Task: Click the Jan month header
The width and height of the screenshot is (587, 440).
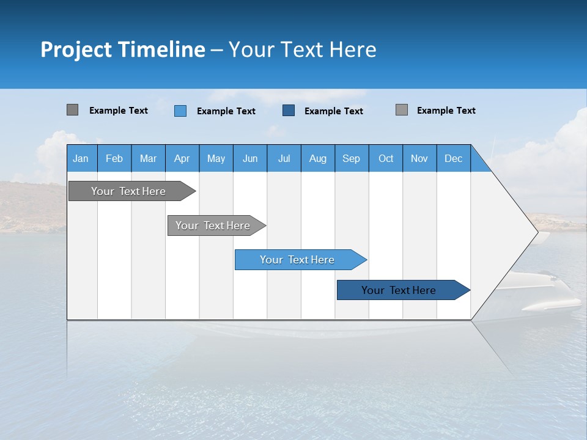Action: (81, 158)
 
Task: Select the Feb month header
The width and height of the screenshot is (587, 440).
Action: (114, 158)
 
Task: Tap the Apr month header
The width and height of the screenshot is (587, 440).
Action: (182, 158)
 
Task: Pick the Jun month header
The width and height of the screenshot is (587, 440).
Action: (250, 158)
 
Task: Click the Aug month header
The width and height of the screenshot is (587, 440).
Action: (318, 158)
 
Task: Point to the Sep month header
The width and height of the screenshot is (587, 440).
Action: (352, 158)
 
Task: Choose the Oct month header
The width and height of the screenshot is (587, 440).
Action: (386, 158)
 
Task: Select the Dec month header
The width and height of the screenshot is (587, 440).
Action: (454, 158)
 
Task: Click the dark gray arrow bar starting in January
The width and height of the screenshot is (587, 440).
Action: (128, 191)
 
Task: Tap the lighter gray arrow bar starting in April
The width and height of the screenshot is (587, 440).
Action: (213, 226)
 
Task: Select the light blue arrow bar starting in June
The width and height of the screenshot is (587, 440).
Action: (297, 260)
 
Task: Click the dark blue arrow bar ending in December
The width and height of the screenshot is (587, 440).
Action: (399, 290)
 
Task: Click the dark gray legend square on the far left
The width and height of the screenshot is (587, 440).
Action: (72, 110)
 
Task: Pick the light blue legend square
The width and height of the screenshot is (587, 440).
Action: (180, 111)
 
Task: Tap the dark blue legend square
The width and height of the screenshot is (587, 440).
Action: (289, 111)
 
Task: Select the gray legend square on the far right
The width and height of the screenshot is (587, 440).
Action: (402, 110)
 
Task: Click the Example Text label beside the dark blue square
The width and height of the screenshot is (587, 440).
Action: (334, 111)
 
